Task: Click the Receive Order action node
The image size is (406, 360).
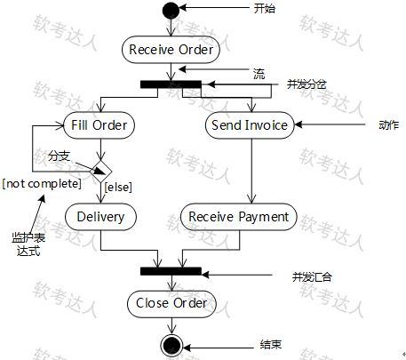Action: (171, 50)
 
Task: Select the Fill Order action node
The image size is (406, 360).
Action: (100, 125)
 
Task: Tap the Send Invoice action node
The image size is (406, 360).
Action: (250, 125)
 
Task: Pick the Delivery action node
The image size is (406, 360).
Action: (100, 217)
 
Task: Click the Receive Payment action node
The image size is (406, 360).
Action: (239, 217)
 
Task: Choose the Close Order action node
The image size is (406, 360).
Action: (171, 304)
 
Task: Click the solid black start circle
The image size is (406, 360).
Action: (171, 11)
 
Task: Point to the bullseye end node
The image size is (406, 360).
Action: (171, 346)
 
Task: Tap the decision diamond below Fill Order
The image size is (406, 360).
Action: (101, 172)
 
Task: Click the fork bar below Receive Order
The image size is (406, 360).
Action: (171, 84)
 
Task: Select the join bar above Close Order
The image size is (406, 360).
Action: (171, 271)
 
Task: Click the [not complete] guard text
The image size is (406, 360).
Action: (42, 184)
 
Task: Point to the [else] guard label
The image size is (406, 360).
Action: (118, 188)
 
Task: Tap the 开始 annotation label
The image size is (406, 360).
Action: (265, 9)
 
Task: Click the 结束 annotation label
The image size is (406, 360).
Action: (271, 345)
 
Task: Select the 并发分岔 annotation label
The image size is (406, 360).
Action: (306, 84)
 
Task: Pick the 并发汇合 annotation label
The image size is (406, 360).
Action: (312, 277)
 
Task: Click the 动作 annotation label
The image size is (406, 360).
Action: (388, 124)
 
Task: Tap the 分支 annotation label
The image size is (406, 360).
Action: (59, 156)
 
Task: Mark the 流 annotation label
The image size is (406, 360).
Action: (259, 74)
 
